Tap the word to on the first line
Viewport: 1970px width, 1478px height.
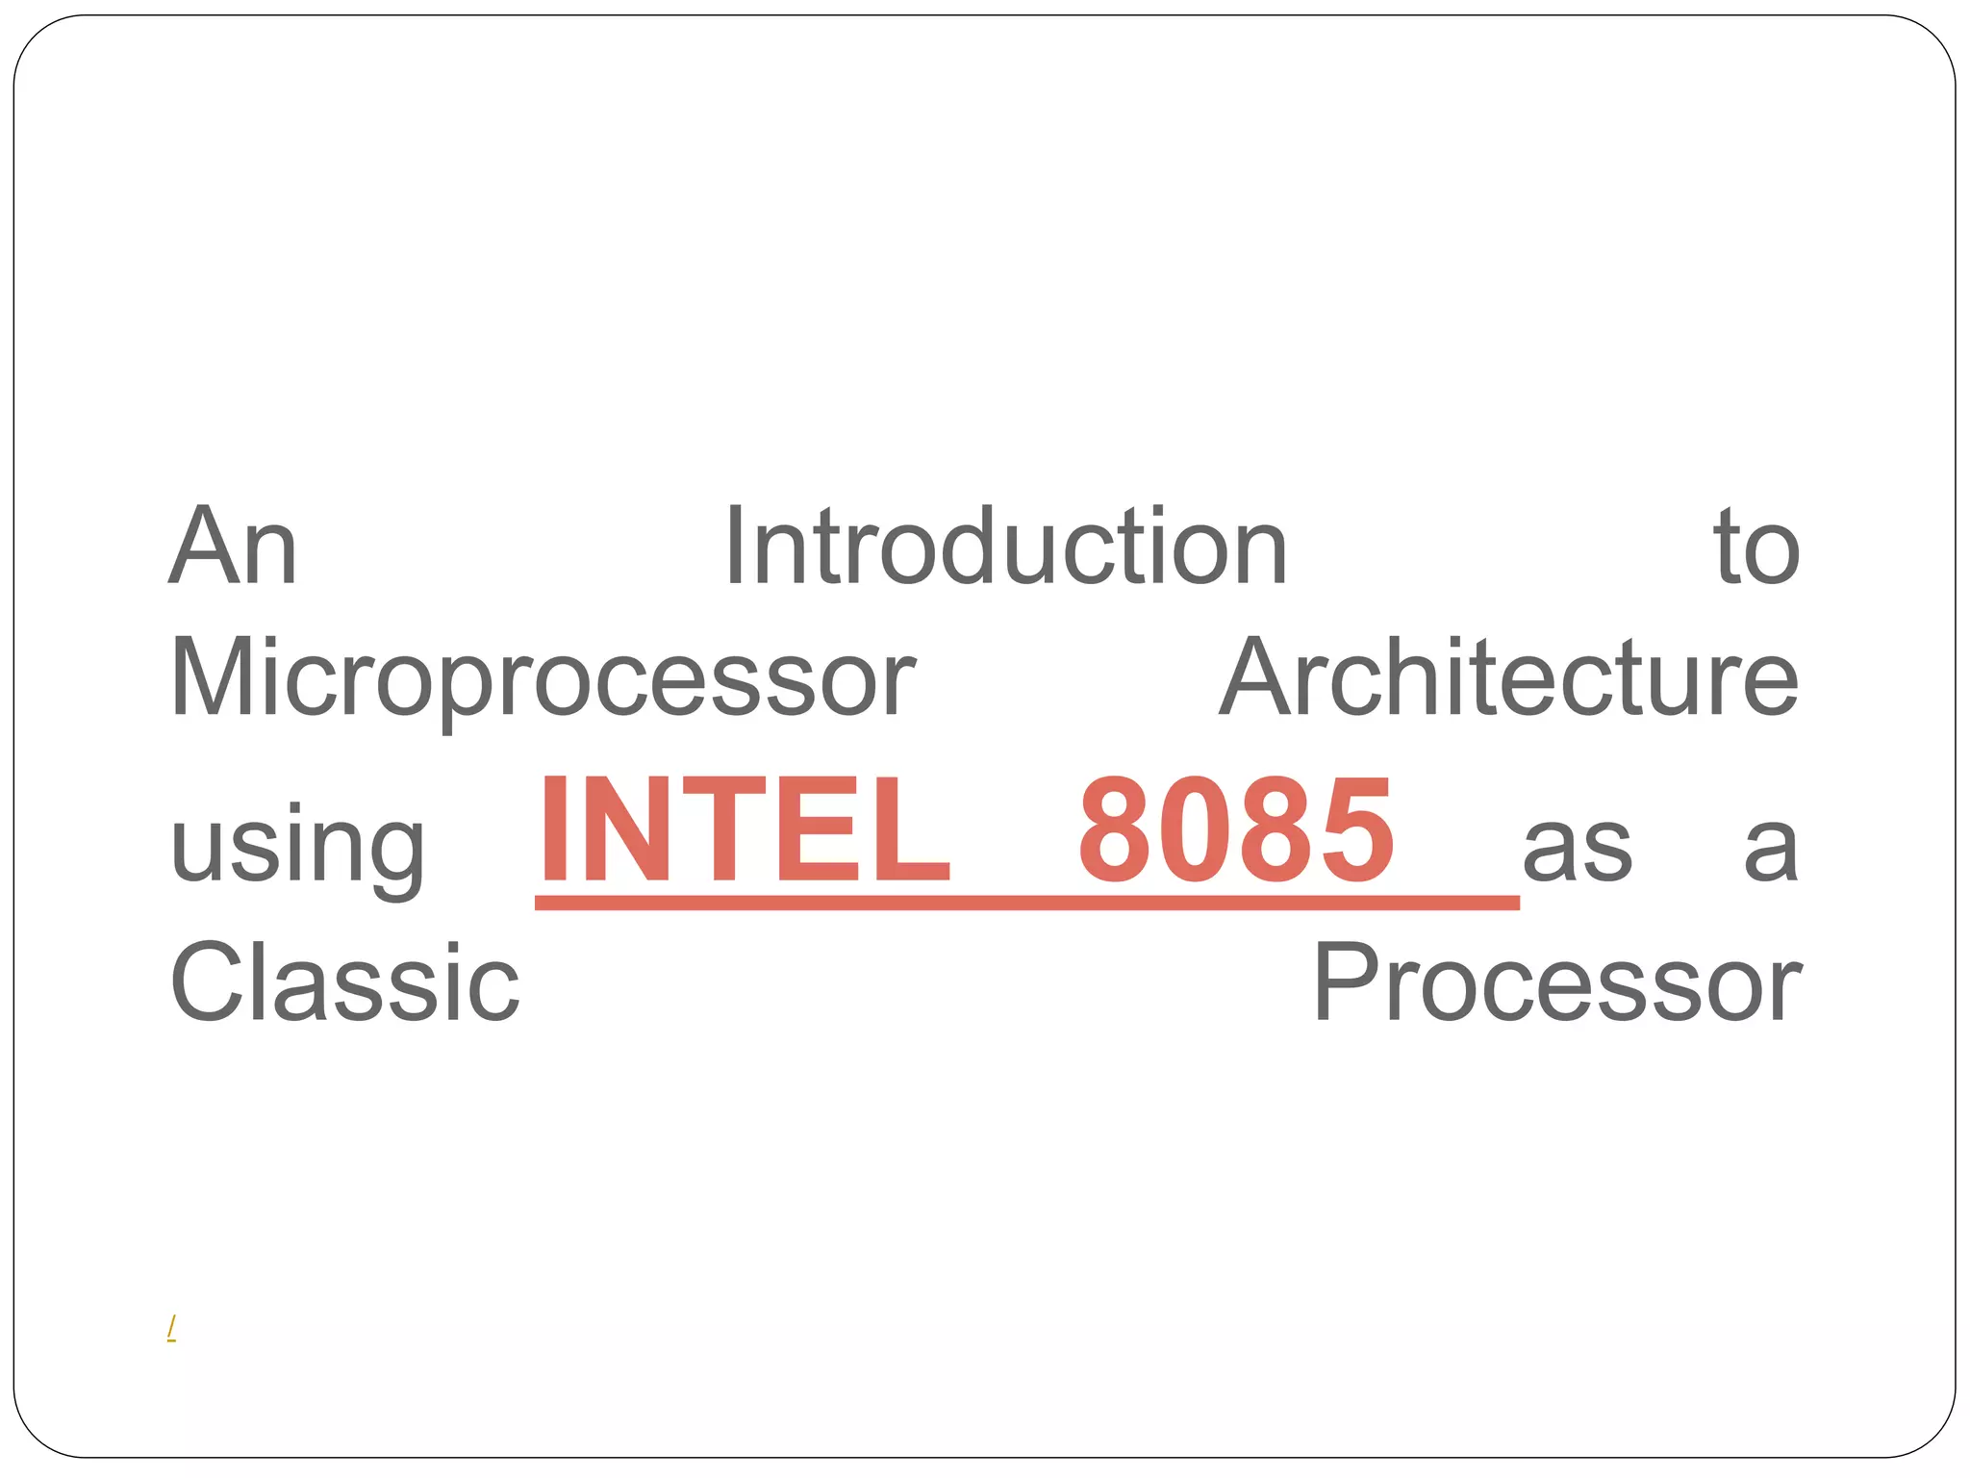point(1755,548)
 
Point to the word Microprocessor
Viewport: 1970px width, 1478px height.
point(542,679)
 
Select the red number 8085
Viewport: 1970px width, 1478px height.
point(1235,831)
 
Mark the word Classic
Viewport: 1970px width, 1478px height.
point(344,982)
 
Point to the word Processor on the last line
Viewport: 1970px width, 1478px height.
point(1556,982)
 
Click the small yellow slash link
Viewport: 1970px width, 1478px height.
point(171,1328)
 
